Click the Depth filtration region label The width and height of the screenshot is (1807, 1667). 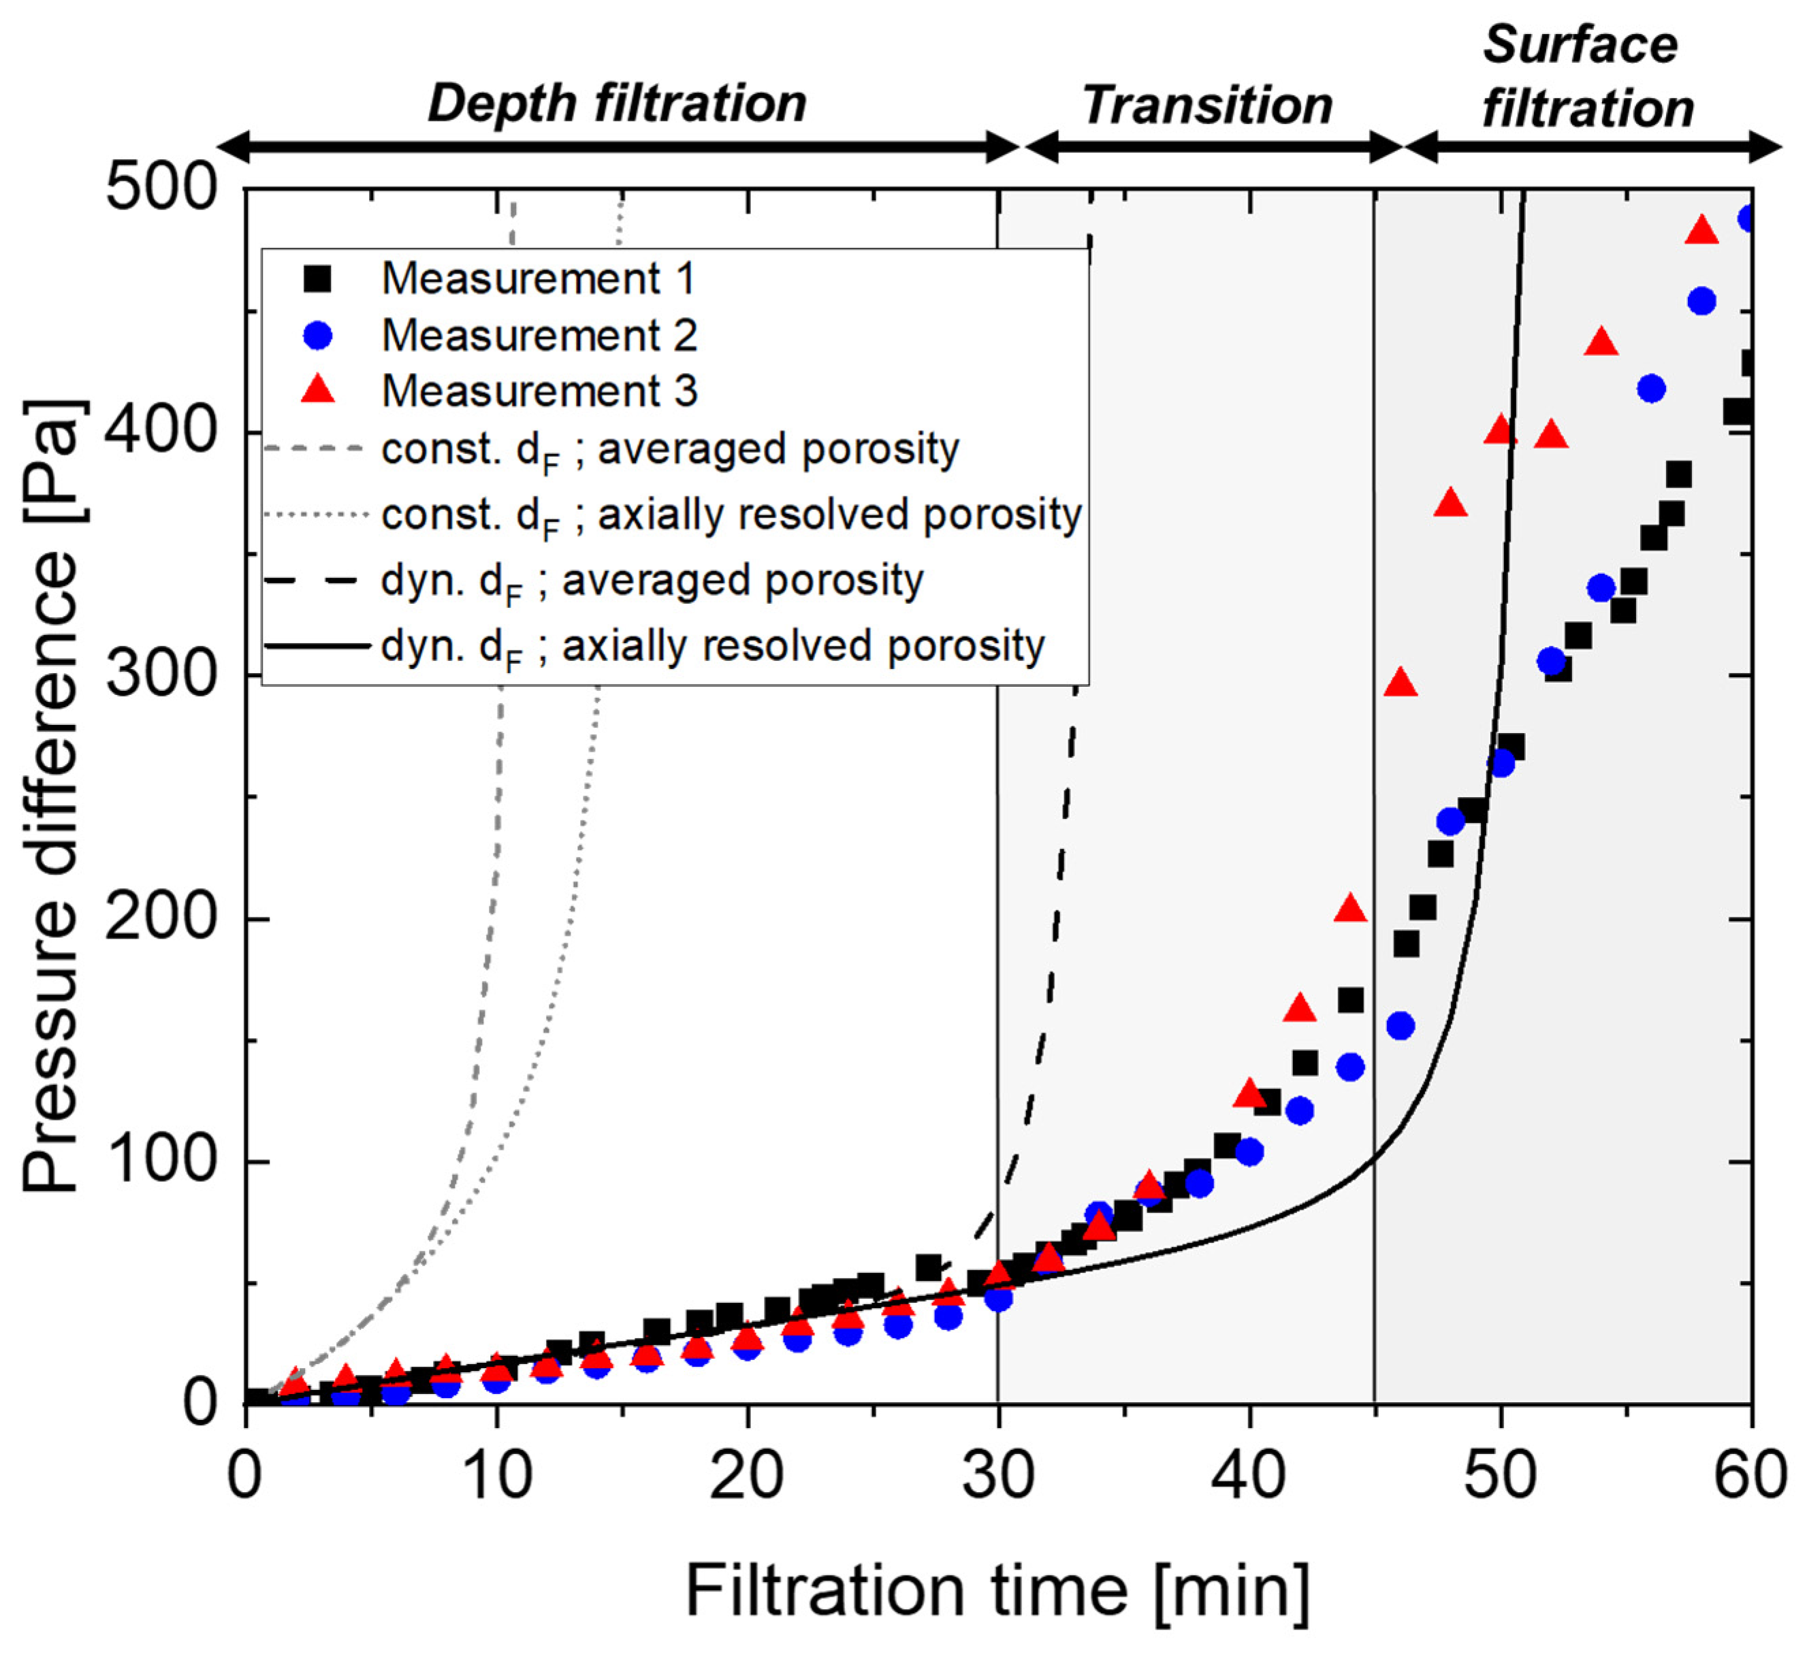617,103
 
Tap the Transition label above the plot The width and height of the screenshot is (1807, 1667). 1207,106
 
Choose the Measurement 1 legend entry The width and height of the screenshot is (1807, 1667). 538,278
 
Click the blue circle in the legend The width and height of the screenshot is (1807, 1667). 317,336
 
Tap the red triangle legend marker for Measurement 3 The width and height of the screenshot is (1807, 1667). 317,391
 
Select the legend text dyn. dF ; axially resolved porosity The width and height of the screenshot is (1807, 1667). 713,647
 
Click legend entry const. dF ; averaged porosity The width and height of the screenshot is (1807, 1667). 669,449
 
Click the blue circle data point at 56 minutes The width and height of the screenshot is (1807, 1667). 1651,389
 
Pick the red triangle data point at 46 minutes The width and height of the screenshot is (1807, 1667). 1400,684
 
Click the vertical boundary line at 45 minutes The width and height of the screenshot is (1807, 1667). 1374,902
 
